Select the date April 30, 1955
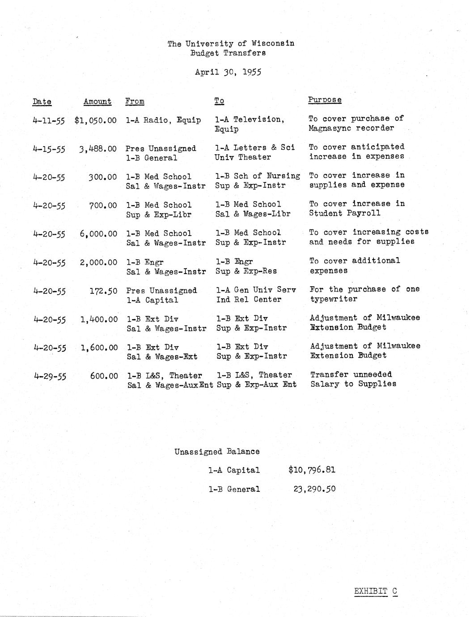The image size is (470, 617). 228,72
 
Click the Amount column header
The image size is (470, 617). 97,101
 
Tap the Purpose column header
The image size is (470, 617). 325,100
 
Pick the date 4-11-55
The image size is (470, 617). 49,121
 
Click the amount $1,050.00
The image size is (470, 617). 96,120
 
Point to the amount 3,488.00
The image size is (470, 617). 98,149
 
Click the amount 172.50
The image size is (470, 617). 103,291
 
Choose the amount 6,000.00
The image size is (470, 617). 98,234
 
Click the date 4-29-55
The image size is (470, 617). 50,376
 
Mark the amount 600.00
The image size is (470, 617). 104,376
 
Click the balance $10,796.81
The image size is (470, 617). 312,470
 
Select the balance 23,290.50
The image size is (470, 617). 314,489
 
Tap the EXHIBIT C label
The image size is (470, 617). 375,591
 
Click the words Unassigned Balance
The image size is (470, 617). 217,452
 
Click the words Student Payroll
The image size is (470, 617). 345,213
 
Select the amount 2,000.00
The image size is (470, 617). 98,262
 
